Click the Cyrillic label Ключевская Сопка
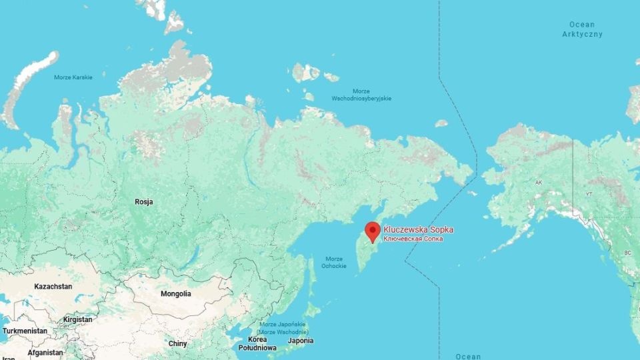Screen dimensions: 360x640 [413, 239]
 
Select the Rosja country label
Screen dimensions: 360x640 [144, 201]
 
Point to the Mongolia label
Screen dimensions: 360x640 [176, 293]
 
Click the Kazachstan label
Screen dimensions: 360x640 [53, 286]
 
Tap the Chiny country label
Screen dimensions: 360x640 [177, 343]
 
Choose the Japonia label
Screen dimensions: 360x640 [300, 340]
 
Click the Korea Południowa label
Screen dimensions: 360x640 [257, 343]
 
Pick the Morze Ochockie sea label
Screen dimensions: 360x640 [333, 262]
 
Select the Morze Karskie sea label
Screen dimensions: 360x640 [73, 77]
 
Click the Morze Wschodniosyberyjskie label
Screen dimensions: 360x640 [361, 95]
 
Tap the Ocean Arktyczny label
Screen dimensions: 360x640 [582, 29]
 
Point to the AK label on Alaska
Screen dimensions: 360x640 [539, 181]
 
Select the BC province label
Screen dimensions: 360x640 [627, 253]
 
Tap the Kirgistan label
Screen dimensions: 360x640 [78, 319]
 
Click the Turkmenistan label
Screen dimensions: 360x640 [25, 331]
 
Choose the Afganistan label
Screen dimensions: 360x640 [45, 353]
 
